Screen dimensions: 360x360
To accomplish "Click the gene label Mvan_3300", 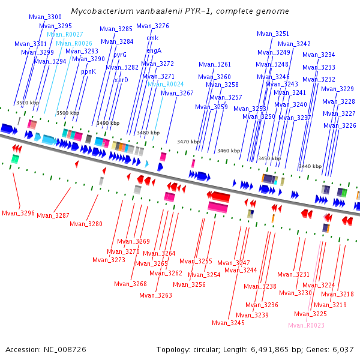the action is (x=45, y=17).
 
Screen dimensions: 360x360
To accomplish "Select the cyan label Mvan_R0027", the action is (x=65, y=34).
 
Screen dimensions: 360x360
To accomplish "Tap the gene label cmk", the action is (x=152, y=38).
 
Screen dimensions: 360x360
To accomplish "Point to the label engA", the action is (x=154, y=51).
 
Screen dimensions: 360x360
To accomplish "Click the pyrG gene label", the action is (x=120, y=55).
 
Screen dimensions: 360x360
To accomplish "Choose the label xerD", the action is (x=121, y=80).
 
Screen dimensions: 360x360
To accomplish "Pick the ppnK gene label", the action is (x=88, y=72).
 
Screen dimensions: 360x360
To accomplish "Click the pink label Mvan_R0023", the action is (x=306, y=325).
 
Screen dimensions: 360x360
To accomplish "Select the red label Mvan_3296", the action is (x=19, y=213).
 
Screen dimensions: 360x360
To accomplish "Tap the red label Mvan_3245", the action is (x=228, y=323).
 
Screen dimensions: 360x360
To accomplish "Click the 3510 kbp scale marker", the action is (x=28, y=103).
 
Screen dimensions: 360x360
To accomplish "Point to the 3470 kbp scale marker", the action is (x=188, y=142).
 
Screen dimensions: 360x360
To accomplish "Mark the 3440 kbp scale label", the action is (x=310, y=166).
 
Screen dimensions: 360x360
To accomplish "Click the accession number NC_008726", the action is (x=65, y=350).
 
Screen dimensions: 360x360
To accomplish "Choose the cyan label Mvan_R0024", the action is (x=166, y=84).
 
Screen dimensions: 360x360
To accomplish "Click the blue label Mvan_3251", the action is (x=273, y=34).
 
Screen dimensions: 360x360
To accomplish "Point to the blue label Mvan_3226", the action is (x=340, y=125).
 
